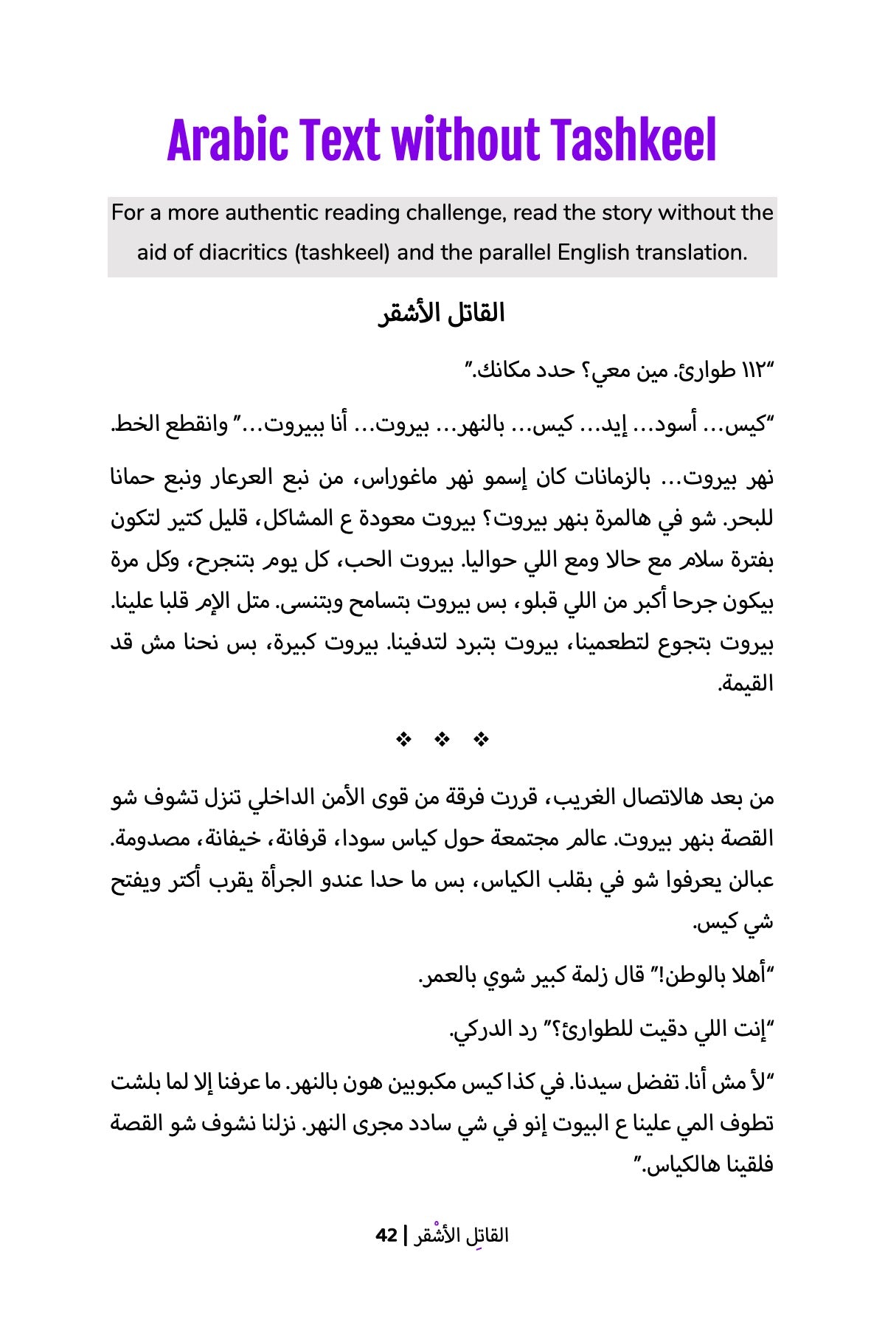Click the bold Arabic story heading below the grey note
click(x=442, y=314)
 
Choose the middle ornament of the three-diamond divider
click(x=442, y=739)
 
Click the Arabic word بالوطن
click(x=696, y=977)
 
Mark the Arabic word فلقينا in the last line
click(x=742, y=1166)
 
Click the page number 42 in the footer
click(x=386, y=1235)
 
